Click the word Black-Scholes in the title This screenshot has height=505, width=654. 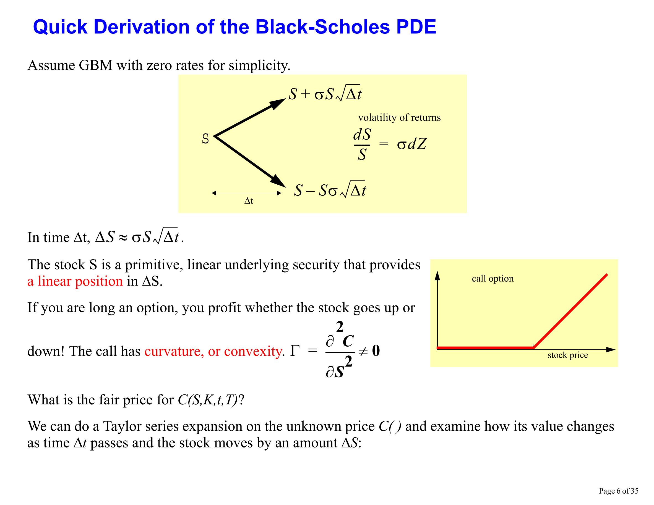[x=322, y=27]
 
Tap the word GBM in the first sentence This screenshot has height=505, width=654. [x=95, y=65]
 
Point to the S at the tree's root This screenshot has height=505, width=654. [x=205, y=138]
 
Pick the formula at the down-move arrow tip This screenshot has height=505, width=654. [x=329, y=190]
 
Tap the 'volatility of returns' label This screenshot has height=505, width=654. [x=400, y=117]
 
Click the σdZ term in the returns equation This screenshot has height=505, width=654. [x=412, y=144]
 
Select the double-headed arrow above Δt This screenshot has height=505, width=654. [x=246, y=193]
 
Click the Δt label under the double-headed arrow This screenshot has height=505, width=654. [x=249, y=201]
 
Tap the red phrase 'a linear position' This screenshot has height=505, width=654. [x=75, y=281]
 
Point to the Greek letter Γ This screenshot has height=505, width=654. [x=295, y=351]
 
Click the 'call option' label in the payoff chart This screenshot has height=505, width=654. [x=493, y=279]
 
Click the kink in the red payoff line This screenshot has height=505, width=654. [x=534, y=347]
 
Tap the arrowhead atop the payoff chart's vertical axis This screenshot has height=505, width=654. [x=437, y=275]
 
